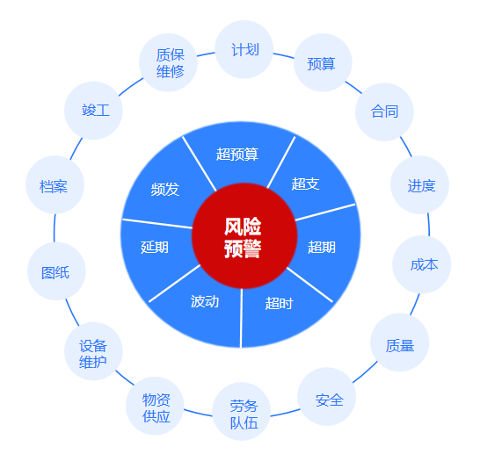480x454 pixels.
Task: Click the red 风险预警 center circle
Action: tap(244, 235)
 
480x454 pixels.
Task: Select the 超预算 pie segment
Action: tap(239, 155)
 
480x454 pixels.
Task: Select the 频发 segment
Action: tap(165, 190)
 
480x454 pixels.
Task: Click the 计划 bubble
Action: tap(244, 49)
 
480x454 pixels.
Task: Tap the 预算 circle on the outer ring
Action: tap(323, 62)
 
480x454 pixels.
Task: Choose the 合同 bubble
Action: tap(384, 112)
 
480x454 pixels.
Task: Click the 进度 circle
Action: tap(419, 184)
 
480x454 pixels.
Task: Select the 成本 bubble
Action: tap(421, 264)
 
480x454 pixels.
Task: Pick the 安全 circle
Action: tap(327, 397)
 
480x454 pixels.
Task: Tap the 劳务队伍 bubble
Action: tap(242, 412)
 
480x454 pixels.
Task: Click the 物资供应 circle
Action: tap(155, 406)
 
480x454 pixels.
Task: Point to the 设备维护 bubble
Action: tap(93, 351)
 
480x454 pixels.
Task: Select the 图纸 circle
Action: tap(56, 271)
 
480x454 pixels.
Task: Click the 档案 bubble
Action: tap(55, 184)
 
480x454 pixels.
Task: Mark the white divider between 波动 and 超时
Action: tap(241, 318)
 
